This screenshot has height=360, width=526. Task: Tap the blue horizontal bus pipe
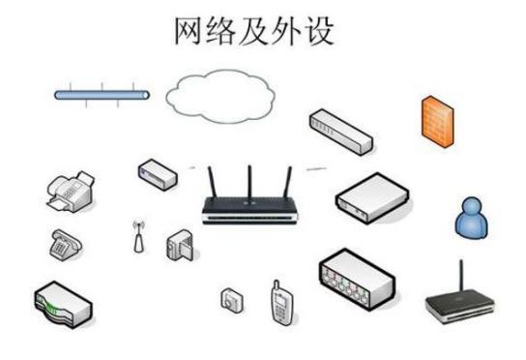click(x=102, y=95)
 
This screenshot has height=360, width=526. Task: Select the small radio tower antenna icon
click(x=137, y=237)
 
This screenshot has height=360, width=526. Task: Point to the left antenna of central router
click(x=212, y=183)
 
